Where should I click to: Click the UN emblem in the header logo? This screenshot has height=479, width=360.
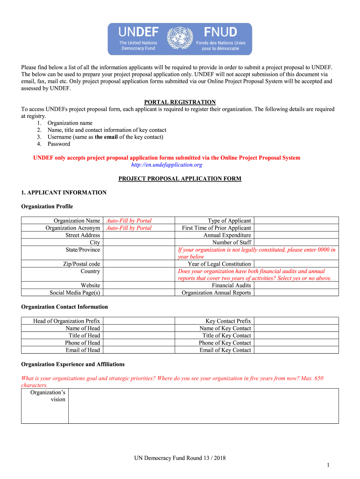(x=180, y=39)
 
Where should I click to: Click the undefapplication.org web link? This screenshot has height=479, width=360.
(x=166, y=165)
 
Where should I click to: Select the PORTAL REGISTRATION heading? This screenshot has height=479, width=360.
(x=180, y=102)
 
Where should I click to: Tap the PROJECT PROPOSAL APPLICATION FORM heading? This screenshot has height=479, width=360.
(x=180, y=178)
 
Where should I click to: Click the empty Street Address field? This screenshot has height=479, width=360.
(x=138, y=235)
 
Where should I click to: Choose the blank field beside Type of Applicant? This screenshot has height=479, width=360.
(x=296, y=220)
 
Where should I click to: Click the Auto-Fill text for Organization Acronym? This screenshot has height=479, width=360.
(x=129, y=228)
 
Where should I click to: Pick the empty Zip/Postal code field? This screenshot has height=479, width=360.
(x=138, y=264)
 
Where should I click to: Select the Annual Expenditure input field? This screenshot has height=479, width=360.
(x=296, y=235)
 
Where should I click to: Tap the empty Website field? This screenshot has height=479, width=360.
(x=138, y=285)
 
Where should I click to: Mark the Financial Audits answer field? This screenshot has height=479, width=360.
(x=296, y=285)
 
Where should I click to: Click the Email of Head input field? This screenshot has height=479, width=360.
(x=138, y=350)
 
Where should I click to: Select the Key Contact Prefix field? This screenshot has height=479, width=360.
(x=296, y=321)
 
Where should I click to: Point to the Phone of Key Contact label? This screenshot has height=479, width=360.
(x=225, y=343)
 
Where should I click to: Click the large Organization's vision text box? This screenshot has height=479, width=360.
(x=203, y=406)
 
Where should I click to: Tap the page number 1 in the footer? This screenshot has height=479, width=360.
(x=329, y=464)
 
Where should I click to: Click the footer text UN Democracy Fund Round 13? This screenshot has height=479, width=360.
(x=180, y=458)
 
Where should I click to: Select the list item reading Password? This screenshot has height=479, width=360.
(x=58, y=144)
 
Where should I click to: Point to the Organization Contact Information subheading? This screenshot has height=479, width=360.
(x=65, y=307)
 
